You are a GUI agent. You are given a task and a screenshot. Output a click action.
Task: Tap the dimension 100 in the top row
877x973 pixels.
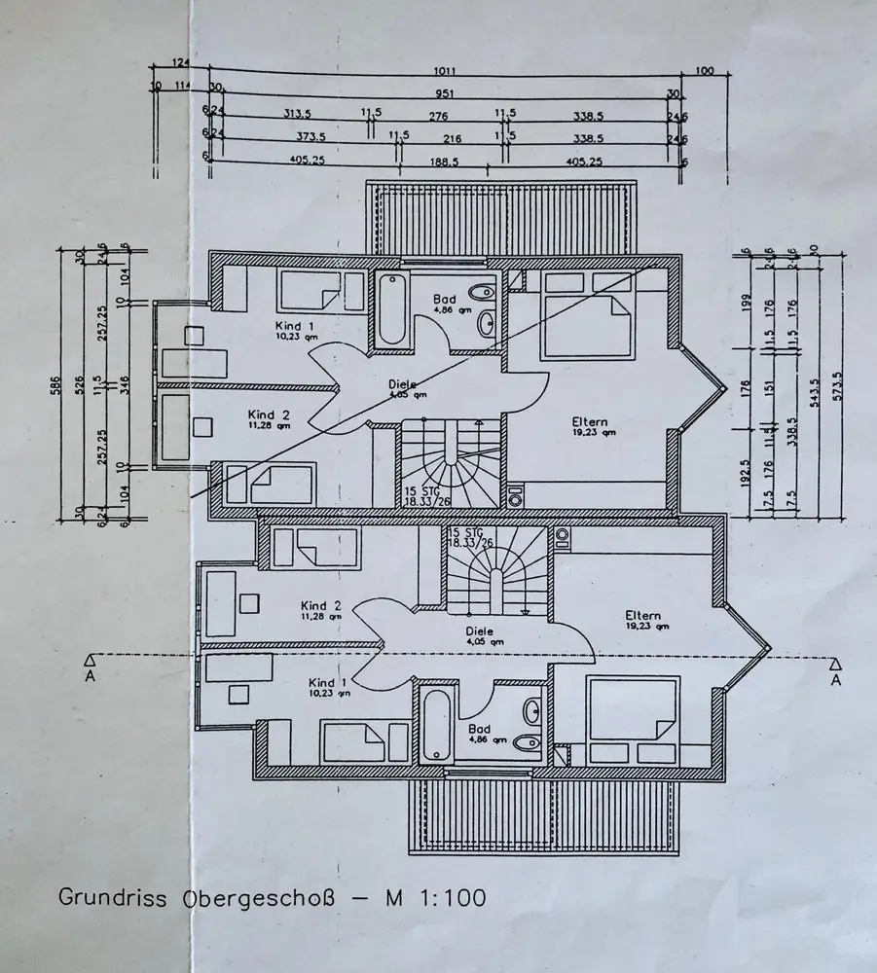706,71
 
